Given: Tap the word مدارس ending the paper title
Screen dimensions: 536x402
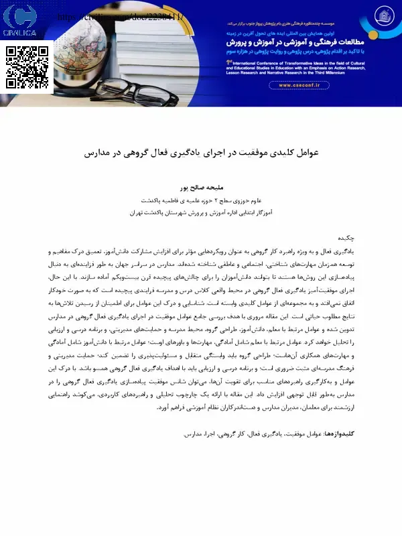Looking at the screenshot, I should tap(98, 153).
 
